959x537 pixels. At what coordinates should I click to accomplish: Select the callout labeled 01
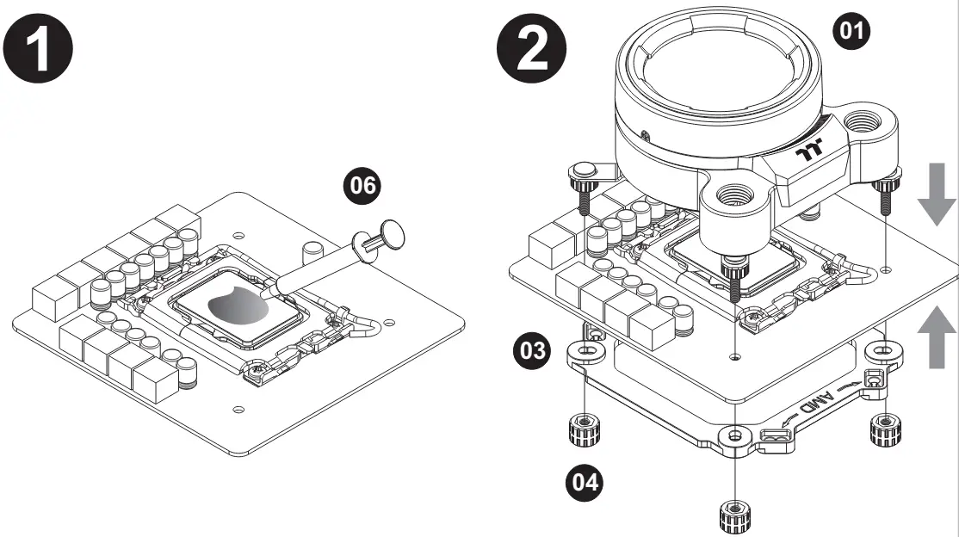click(x=854, y=32)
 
